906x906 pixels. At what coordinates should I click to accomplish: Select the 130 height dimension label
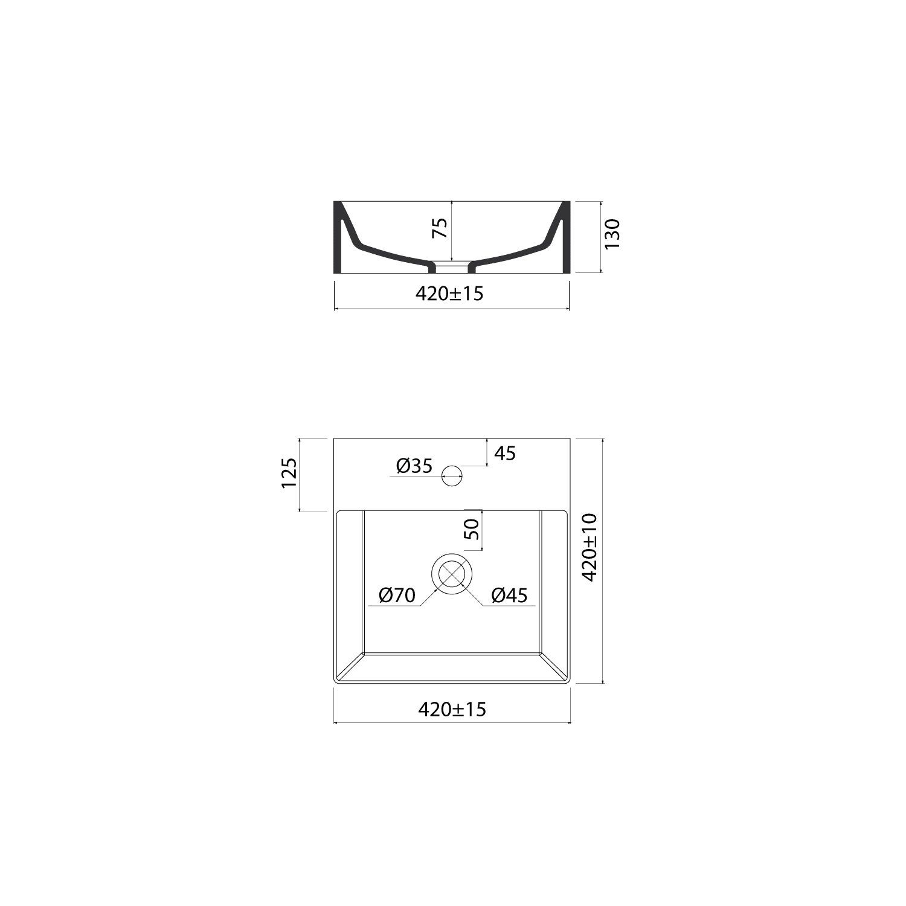(x=612, y=234)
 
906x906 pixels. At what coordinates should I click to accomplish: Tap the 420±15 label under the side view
(x=449, y=294)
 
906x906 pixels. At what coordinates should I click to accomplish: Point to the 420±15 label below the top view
(x=452, y=709)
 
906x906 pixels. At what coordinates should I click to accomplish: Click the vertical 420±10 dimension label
(x=589, y=547)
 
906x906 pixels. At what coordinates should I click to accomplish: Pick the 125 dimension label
(x=289, y=474)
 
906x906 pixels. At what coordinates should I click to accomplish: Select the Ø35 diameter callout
(x=414, y=466)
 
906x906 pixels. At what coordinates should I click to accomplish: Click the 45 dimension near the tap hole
(x=506, y=453)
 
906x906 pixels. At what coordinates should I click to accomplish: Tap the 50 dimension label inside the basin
(x=472, y=529)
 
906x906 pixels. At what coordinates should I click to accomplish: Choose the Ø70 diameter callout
(x=397, y=596)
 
